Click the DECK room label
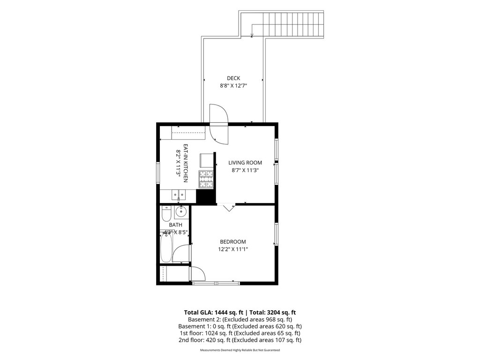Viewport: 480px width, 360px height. point(233,78)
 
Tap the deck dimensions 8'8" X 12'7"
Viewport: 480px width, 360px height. point(233,86)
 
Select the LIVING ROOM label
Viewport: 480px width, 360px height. point(245,163)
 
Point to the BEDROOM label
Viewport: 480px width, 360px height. point(233,242)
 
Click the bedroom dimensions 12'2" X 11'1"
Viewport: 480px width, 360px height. point(233,249)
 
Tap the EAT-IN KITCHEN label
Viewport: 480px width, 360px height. point(185,163)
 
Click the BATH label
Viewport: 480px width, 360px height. point(176,225)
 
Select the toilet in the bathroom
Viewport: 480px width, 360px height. point(166,214)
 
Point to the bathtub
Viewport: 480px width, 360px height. point(166,248)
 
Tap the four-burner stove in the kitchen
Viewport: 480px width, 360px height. point(206,179)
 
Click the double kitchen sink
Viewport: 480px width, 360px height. point(178,195)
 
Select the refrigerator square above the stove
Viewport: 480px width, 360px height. point(207,160)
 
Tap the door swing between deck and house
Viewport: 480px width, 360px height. point(219,124)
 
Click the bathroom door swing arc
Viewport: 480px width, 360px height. point(181,253)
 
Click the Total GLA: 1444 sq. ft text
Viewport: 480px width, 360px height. point(214,313)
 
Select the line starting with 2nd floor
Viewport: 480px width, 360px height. point(240,340)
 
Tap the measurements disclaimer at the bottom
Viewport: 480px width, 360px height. point(240,350)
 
